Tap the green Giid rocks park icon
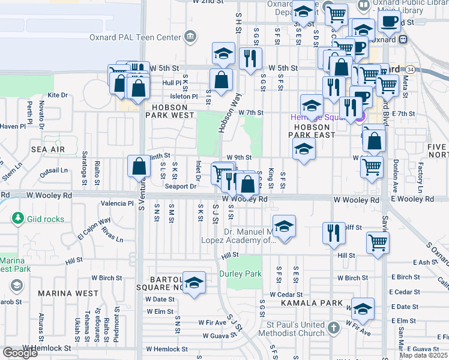pyautogui.click(x=18, y=219)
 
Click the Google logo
pyautogui.click(x=20, y=353)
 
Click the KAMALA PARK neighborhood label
pyautogui.click(x=311, y=303)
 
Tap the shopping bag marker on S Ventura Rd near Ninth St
pyautogui.click(x=139, y=166)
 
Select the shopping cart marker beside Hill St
pyautogui.click(x=378, y=242)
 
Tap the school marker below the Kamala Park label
pyautogui.click(x=362, y=310)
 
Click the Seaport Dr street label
pyautogui.click(x=181, y=186)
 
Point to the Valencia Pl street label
pyautogui.click(x=117, y=203)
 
